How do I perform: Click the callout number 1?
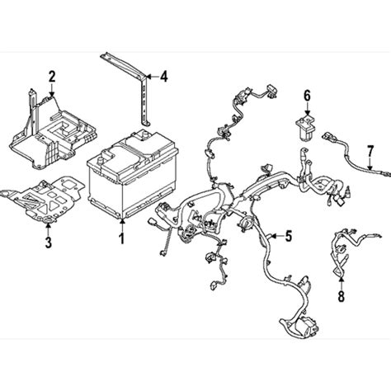point(121,238)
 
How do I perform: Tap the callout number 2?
point(52,77)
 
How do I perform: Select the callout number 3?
point(49,243)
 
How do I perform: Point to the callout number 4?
point(163,77)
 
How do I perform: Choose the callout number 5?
point(288,236)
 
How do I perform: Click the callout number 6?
point(307,96)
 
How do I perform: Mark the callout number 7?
point(370,152)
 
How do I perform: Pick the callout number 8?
point(341,296)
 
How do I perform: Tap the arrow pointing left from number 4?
point(152,77)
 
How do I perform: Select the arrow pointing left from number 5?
point(276,236)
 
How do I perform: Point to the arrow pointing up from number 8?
point(341,283)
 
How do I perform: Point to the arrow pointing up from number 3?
point(49,229)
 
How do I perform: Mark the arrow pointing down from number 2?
point(52,89)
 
